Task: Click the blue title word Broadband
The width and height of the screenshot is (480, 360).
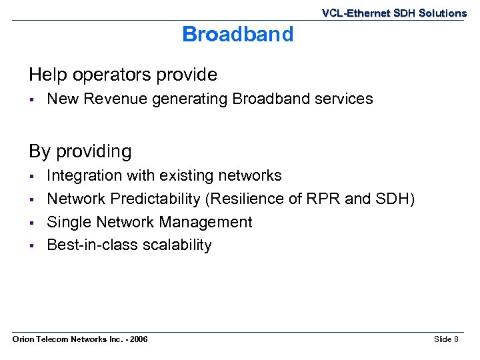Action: point(237,35)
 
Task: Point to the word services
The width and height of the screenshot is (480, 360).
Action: point(343,99)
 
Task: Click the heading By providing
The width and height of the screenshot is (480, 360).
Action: point(80,151)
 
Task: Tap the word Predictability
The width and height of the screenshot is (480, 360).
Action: point(155,199)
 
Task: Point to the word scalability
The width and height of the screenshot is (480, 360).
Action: point(178,245)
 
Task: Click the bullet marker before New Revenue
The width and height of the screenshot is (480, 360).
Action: point(31,100)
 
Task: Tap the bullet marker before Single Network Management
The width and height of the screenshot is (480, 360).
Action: point(31,223)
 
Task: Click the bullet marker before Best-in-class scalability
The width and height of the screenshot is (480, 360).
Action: point(31,246)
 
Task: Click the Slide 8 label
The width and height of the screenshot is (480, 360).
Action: point(446,340)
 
